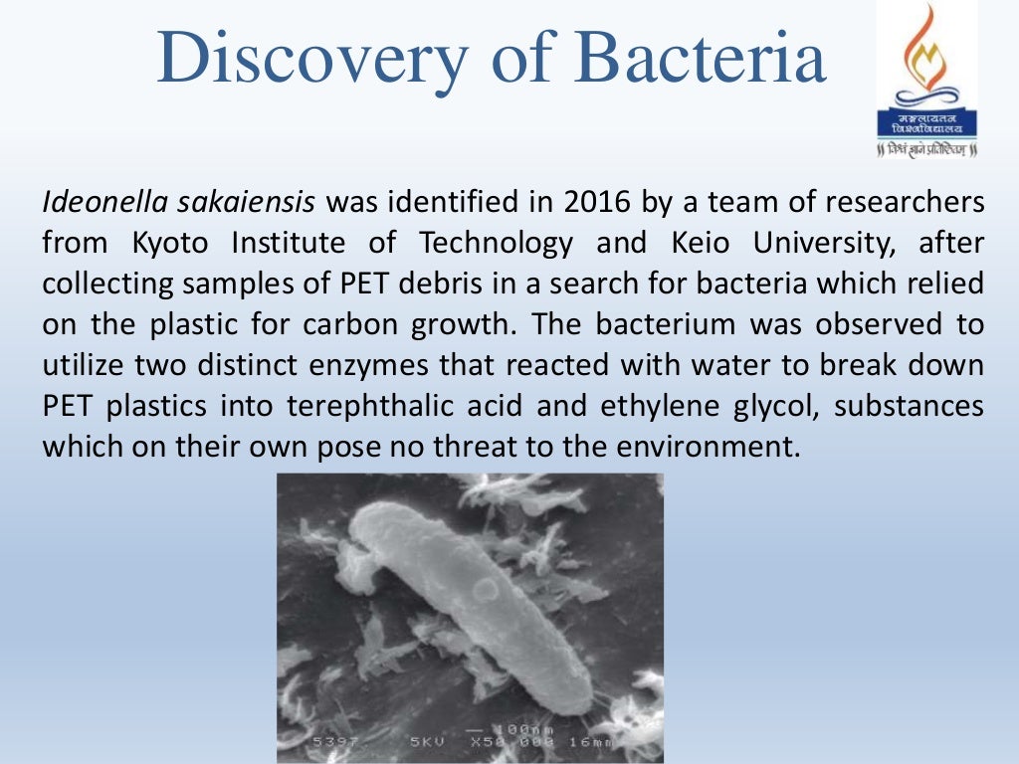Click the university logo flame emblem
point(925,50)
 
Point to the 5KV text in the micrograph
point(432,742)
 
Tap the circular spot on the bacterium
point(485,591)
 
